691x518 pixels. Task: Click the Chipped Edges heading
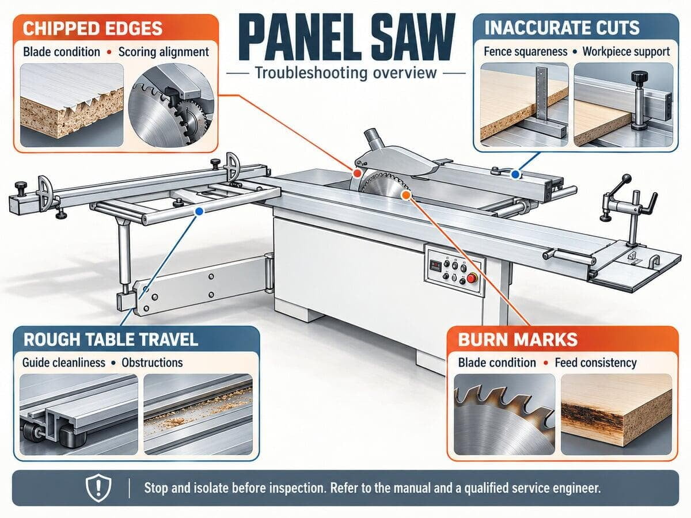point(92,28)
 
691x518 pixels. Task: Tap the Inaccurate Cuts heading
point(561,28)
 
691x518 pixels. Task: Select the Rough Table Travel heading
point(111,340)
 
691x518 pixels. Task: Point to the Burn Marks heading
point(518,340)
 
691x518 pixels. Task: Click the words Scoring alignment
point(164,52)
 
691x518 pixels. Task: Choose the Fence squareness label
point(525,52)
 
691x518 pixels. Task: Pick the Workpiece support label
point(626,52)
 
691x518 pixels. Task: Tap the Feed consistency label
point(595,363)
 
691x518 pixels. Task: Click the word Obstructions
point(153,363)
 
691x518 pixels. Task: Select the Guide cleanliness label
point(64,363)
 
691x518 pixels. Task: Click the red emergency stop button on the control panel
point(471,279)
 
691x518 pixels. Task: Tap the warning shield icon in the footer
point(98,488)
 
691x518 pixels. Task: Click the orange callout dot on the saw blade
point(406,195)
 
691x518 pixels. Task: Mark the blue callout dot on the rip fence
point(515,174)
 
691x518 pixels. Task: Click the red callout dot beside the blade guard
point(357,173)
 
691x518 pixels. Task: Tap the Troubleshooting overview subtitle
point(345,73)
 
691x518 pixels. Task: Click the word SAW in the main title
point(413,37)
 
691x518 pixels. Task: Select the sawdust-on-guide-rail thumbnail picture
point(198,414)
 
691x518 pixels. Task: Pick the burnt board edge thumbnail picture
point(616,414)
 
